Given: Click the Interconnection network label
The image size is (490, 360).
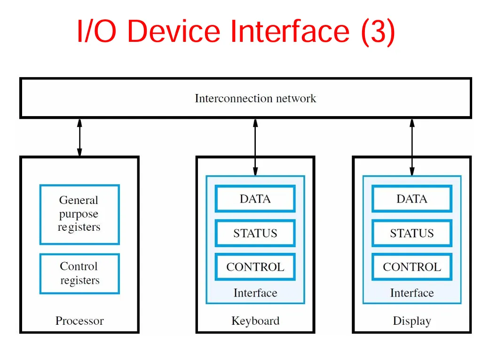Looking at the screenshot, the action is point(255,98).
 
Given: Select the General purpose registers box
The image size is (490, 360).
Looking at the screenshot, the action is point(79,214).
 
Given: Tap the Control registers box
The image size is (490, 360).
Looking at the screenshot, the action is point(79,274).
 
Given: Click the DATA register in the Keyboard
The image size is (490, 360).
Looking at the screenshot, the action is point(255,199).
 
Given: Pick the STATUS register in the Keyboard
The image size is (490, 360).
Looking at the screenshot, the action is point(255,233).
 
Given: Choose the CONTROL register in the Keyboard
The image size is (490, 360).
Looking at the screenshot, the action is point(255,266).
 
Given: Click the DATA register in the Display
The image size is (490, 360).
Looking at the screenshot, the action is point(412,199).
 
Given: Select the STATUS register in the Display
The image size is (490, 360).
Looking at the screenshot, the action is point(412,233).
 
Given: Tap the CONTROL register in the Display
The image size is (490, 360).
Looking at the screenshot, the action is point(412,266).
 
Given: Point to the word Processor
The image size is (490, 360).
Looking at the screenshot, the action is point(79,321).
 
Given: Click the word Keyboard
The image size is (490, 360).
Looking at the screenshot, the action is point(255,321).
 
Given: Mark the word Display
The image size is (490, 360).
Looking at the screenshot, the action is point(412,321).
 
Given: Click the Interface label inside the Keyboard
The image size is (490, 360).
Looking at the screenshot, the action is point(255,293).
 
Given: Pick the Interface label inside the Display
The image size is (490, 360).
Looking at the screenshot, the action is point(412,293).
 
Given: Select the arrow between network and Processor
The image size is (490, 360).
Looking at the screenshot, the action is point(79,137).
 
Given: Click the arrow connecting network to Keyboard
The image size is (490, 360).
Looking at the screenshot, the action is point(255,148).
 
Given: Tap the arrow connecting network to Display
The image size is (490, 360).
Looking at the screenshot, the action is point(412,148).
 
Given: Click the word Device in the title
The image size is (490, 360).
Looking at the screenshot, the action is point(174,31).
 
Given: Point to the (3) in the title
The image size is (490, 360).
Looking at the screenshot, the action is point(378,32).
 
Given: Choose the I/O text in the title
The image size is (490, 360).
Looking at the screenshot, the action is point(96,31).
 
